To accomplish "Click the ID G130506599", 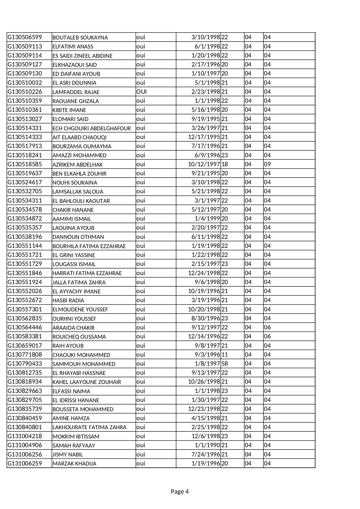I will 25,37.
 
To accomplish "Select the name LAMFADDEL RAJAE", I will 76,92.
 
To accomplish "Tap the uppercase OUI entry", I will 141,92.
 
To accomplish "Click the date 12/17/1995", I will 204,137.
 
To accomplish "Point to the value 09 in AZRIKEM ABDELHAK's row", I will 267,164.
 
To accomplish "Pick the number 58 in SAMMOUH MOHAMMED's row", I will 225,364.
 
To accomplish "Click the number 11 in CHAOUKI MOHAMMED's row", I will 225,355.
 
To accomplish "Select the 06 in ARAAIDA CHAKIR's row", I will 267,327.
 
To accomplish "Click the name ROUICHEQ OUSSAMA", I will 79,337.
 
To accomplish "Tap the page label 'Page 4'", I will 180,491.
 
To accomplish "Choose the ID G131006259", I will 25,463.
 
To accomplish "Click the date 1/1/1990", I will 207,445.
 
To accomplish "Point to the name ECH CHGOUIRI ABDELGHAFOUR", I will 91,128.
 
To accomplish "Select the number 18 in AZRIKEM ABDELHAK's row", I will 225,164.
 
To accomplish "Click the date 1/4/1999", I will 207,219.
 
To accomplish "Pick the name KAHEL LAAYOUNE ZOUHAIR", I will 86,382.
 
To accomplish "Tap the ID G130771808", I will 25,355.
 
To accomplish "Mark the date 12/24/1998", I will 204,273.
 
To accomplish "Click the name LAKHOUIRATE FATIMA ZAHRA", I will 89,427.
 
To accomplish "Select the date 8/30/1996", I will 206,318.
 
